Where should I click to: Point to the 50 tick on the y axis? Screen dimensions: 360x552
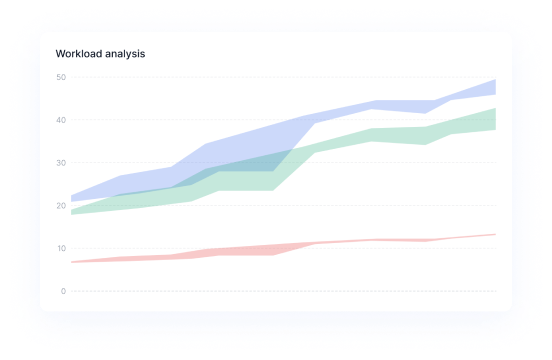tap(61, 77)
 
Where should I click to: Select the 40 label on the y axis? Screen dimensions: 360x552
tap(61, 120)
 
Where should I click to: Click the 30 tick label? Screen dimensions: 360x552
tap(61, 163)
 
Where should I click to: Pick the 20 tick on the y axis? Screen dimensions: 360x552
tap(61, 206)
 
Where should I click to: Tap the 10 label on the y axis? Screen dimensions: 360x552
tap(61, 248)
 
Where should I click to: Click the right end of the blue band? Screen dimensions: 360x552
tap(494, 87)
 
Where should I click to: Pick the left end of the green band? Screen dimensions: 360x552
tap(73, 211)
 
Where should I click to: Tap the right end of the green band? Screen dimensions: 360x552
tap(494, 119)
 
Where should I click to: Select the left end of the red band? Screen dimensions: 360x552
tap(73, 262)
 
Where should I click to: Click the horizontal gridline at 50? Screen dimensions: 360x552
tap(280, 77)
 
